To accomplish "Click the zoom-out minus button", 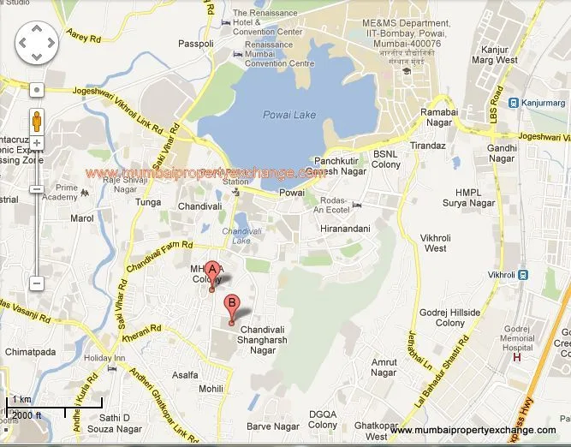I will click(x=37, y=283).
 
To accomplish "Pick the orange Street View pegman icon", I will click(x=37, y=121).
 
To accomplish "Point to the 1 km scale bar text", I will click(x=21, y=399).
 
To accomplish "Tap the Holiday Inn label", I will click(x=104, y=357).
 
